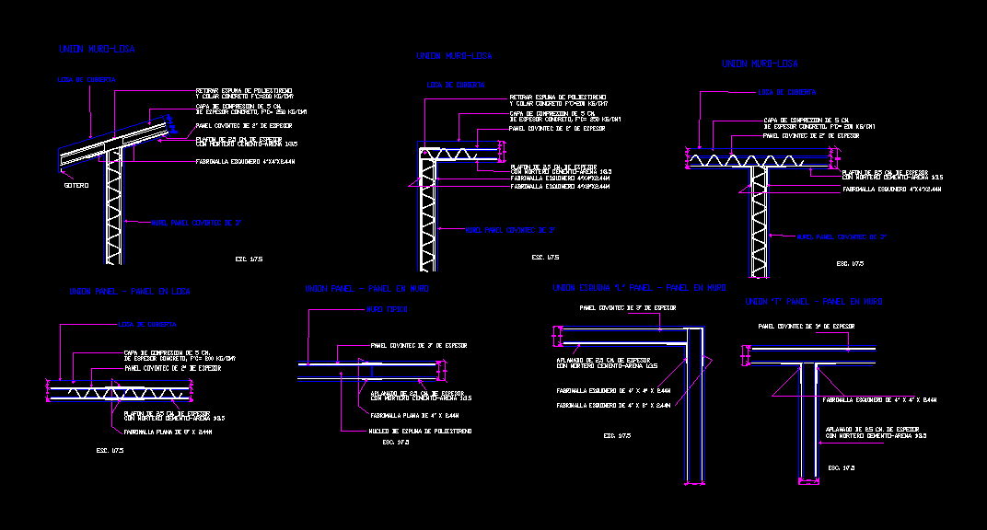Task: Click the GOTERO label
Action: click(x=76, y=186)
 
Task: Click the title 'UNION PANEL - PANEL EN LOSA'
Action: click(x=130, y=292)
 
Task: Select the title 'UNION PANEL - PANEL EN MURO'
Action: click(x=366, y=289)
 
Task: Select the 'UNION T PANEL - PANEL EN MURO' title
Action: click(x=813, y=302)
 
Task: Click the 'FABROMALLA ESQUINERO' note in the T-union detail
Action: click(x=879, y=400)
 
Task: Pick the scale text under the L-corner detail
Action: click(x=617, y=435)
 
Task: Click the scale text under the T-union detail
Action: click(x=842, y=468)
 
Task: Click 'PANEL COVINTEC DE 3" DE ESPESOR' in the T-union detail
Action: click(x=807, y=327)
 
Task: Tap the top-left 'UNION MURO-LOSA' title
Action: click(x=97, y=50)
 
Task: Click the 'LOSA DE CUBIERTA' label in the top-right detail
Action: click(x=786, y=92)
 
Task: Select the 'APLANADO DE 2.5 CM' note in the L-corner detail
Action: click(x=603, y=363)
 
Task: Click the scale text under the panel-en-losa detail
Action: click(x=110, y=451)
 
